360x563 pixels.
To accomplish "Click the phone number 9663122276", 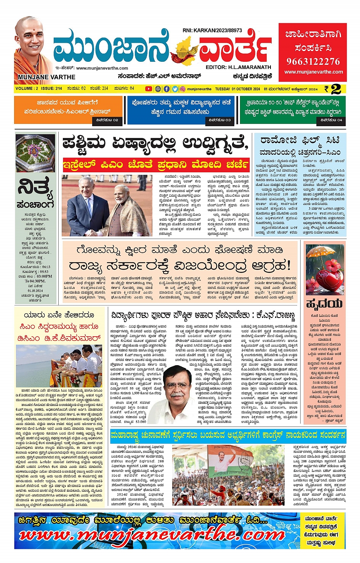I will pyautogui.click(x=313, y=61).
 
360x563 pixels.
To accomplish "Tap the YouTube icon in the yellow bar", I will pyautogui.click(x=149, y=89).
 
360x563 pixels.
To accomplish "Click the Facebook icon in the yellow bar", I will pyautogui.click(x=166, y=89).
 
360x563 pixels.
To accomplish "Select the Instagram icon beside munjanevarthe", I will pyautogui.click(x=183, y=89).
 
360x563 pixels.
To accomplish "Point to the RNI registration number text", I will pyautogui.click(x=212, y=30).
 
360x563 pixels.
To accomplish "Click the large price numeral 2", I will pyautogui.click(x=336, y=89).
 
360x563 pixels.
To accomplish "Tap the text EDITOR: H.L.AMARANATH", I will pyautogui.click(x=238, y=67).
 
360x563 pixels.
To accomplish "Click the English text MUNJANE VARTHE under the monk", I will pyautogui.click(x=46, y=77).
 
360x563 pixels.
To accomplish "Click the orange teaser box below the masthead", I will pyautogui.click(x=68, y=110).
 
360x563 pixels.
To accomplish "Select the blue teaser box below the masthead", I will pyautogui.click(x=181, y=110).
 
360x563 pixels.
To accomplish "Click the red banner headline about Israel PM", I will pyautogui.click(x=157, y=165).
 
